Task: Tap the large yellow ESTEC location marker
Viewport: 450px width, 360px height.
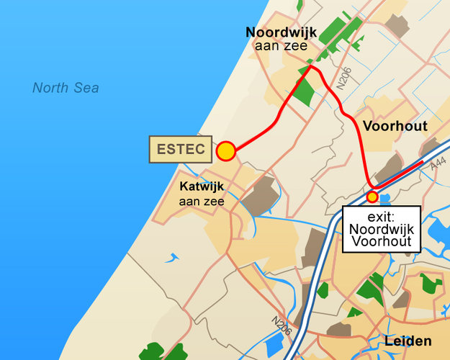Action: [226, 151]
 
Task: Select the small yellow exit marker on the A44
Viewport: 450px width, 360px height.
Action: [372, 197]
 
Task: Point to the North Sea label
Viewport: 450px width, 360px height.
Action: [66, 88]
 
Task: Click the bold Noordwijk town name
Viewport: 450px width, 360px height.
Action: [281, 32]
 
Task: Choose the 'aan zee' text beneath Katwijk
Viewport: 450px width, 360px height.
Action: [202, 202]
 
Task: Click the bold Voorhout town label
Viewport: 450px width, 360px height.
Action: [395, 126]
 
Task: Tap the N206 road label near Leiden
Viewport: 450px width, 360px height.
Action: [282, 325]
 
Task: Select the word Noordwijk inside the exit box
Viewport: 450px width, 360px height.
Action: [382, 228]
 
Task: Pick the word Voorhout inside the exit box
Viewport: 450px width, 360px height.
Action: [382, 242]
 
